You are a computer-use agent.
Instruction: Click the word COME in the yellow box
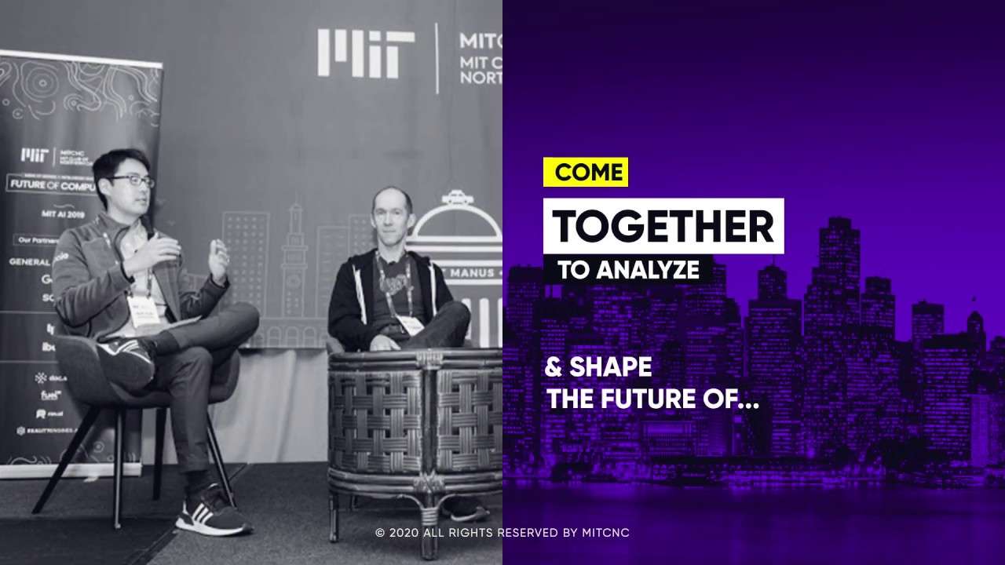[589, 173]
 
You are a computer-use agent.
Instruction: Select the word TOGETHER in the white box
[663, 227]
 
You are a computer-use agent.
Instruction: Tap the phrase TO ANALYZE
[628, 270]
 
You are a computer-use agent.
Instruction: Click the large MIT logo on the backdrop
[366, 53]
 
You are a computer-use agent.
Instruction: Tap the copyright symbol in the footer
[380, 533]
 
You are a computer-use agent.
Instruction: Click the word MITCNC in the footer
[605, 533]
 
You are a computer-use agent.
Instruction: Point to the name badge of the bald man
[408, 324]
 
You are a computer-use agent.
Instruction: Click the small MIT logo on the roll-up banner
[34, 155]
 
